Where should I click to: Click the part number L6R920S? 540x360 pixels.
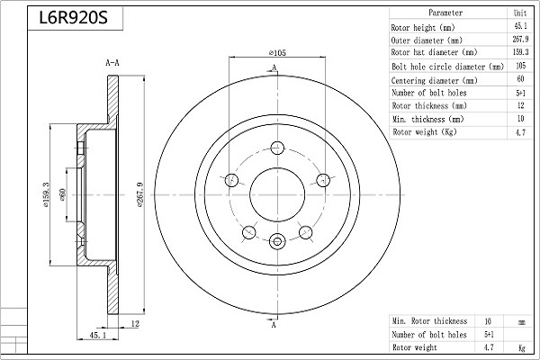(74, 18)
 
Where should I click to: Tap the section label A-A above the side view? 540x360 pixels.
(112, 63)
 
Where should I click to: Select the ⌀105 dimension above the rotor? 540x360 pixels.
(277, 53)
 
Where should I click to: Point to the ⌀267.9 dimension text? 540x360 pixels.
(139, 194)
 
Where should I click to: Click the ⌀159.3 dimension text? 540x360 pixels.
(46, 194)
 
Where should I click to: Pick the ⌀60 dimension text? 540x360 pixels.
(62, 194)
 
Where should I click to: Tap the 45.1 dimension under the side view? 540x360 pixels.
(98, 335)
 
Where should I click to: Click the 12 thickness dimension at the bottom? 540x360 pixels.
(135, 323)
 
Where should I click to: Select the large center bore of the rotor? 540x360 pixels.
(277, 195)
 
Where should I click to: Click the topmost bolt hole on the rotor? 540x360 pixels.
(277, 148)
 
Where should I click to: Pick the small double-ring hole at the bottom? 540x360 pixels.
(277, 241)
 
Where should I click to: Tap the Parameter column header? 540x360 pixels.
(445, 13)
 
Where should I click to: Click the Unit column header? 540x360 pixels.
(520, 13)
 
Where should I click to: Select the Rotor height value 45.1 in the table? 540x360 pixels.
(520, 26)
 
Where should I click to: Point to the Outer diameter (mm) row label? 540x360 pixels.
(427, 40)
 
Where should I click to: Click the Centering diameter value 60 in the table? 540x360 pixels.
(520, 79)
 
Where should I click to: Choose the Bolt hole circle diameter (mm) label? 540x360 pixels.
(447, 67)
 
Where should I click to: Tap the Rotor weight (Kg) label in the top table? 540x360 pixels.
(425, 132)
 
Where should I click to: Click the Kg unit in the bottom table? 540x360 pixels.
(522, 348)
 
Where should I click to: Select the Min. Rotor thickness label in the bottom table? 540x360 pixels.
(429, 321)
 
